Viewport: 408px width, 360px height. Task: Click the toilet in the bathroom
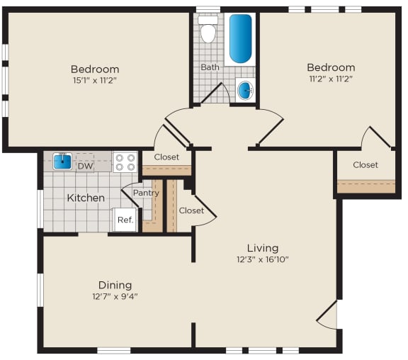[x=208, y=31]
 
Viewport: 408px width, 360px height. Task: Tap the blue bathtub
[x=240, y=38]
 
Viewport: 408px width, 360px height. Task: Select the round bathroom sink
[x=244, y=91]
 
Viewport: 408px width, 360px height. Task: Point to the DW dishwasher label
[x=85, y=167]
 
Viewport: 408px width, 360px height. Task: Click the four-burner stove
[x=125, y=162]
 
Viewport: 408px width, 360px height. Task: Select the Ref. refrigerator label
[x=125, y=220]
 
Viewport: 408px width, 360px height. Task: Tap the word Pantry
[x=146, y=193]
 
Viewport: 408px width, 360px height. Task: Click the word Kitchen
[x=86, y=198]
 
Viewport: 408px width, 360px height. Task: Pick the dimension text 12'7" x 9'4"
[x=114, y=296]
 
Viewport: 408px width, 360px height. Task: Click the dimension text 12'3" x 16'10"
[x=262, y=259]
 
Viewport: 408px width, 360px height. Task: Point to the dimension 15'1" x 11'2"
[x=94, y=81]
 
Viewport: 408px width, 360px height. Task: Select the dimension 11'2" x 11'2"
[x=330, y=79]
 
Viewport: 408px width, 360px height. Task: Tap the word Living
[x=262, y=248]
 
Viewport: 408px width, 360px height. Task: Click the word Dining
[x=115, y=285]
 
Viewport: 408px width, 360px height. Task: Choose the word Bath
[x=210, y=67]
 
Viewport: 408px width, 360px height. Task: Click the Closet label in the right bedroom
[x=365, y=165]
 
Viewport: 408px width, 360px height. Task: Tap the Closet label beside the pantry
[x=191, y=210]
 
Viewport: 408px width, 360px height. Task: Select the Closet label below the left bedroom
[x=166, y=157]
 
